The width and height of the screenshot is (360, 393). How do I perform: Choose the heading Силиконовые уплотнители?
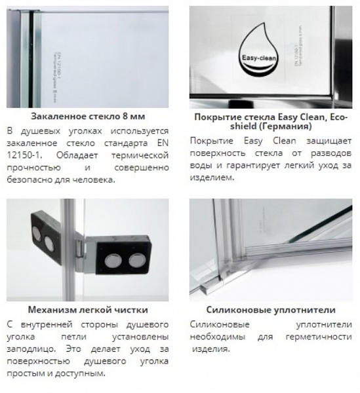point(271,310)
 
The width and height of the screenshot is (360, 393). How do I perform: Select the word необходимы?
point(216,337)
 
